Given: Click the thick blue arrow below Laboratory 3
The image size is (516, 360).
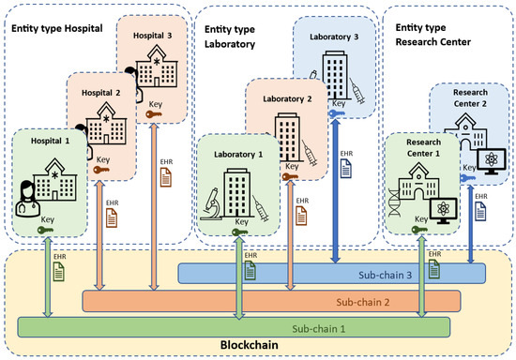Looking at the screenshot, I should (336, 197).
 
